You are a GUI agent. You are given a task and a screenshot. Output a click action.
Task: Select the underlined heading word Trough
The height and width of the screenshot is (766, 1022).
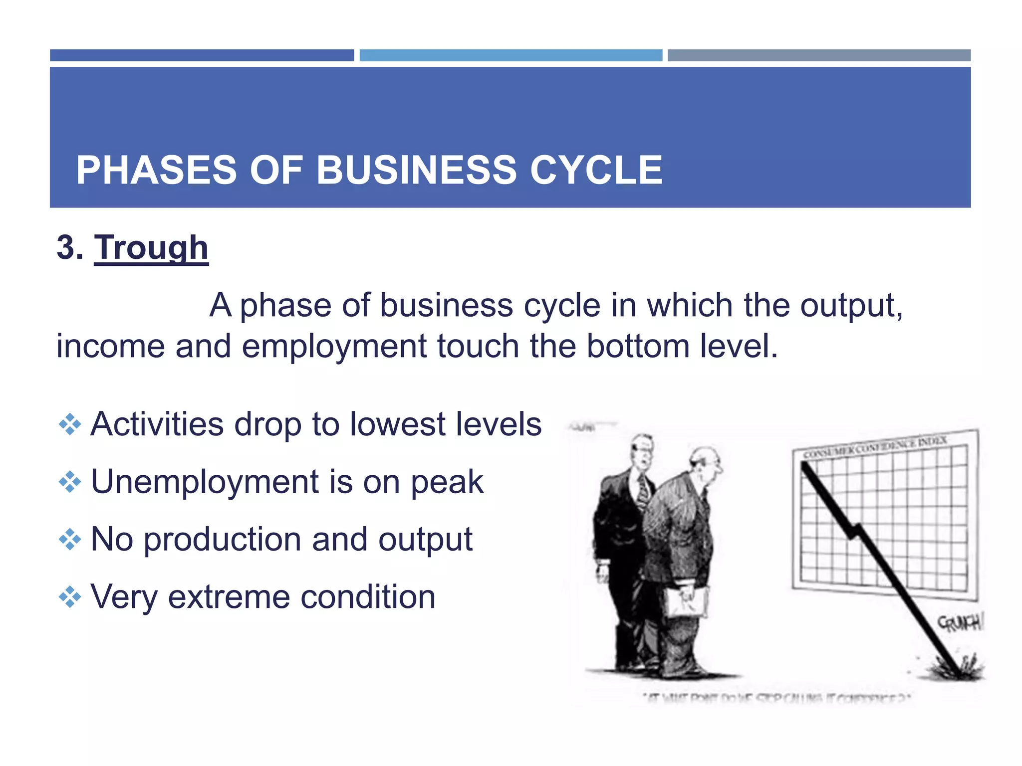coord(151,248)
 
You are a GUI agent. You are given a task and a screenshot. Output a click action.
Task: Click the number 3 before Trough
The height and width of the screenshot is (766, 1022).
coord(66,248)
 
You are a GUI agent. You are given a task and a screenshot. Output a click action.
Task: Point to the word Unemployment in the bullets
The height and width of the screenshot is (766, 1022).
coord(205,482)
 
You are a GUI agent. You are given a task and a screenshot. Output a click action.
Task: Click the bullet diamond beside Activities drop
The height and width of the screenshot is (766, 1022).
coord(70,425)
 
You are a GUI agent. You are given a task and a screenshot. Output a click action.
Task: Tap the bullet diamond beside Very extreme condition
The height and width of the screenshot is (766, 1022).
coord(70,597)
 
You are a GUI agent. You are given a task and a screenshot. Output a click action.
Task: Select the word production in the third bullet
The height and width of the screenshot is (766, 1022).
coord(224,541)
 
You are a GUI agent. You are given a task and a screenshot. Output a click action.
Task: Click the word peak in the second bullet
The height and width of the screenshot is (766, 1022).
coord(447,483)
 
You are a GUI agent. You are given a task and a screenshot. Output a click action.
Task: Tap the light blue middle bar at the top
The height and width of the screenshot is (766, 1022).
coord(511,55)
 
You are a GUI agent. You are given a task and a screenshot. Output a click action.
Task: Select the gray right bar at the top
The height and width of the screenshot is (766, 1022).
coord(819,55)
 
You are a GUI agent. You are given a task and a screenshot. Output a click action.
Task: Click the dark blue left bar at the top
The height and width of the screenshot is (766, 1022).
coord(202,55)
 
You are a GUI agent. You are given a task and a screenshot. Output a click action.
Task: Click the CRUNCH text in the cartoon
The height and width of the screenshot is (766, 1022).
coord(959,623)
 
